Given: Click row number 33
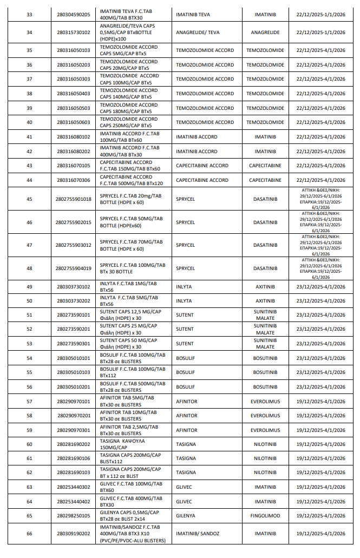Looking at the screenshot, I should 29,14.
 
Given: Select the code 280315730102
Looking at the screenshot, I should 74,32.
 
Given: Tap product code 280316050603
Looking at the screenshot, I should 74,122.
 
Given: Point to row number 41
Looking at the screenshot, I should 29,137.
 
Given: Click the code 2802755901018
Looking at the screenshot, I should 74,199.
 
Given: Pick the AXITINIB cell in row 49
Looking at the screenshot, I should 265,287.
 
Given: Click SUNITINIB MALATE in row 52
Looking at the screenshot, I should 265,329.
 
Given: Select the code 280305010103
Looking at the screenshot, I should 74,372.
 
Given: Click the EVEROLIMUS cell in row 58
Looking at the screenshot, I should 265,416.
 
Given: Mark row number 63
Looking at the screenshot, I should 29,487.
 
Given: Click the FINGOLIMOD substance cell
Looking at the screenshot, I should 265,516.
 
